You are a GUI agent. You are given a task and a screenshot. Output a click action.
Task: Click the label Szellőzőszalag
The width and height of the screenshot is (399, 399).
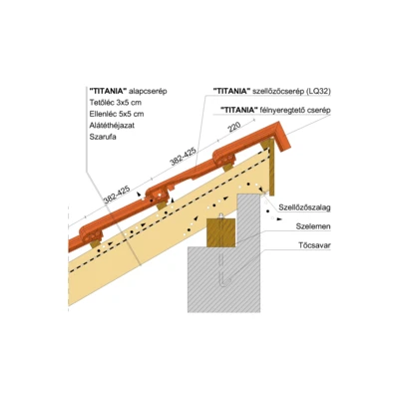pyautogui.click(x=304, y=207)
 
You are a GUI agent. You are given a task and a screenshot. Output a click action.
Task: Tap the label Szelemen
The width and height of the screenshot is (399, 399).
pyautogui.click(x=313, y=226)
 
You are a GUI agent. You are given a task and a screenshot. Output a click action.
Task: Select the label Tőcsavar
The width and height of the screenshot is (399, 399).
pyautogui.click(x=314, y=245)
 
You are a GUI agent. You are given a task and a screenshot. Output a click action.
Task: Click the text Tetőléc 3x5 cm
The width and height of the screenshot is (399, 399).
pyautogui.click(x=116, y=102)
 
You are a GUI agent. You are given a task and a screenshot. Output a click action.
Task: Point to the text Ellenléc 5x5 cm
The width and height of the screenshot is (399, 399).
pyautogui.click(x=117, y=114)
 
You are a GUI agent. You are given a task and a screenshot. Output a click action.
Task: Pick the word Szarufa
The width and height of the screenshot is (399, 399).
pyautogui.click(x=103, y=137)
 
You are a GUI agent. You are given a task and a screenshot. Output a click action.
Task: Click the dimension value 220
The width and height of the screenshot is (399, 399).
pyautogui.click(x=234, y=127)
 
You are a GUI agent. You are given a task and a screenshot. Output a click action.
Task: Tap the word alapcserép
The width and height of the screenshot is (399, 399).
pyautogui.click(x=147, y=91)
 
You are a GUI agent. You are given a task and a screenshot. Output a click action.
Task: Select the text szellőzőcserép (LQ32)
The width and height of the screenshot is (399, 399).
pyautogui.click(x=290, y=92)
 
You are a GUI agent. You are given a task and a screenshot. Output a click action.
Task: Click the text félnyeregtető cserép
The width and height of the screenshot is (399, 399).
pyautogui.click(x=294, y=110)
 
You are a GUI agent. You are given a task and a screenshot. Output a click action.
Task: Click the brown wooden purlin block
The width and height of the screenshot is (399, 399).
pyautogui.click(x=221, y=232)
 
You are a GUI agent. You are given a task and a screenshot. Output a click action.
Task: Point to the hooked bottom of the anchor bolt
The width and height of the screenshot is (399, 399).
pyautogui.click(x=226, y=282)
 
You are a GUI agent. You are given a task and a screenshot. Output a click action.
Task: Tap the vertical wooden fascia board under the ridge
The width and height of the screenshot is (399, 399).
pyautogui.click(x=271, y=168)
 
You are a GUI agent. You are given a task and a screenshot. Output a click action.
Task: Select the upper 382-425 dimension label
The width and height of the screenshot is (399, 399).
pyautogui.click(x=183, y=156)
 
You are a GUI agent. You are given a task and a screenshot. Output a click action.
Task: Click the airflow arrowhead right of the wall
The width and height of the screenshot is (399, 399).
pyautogui.click(x=280, y=219)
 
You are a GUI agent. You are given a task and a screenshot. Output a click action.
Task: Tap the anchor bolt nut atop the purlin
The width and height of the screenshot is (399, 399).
pyautogui.click(x=221, y=216)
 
